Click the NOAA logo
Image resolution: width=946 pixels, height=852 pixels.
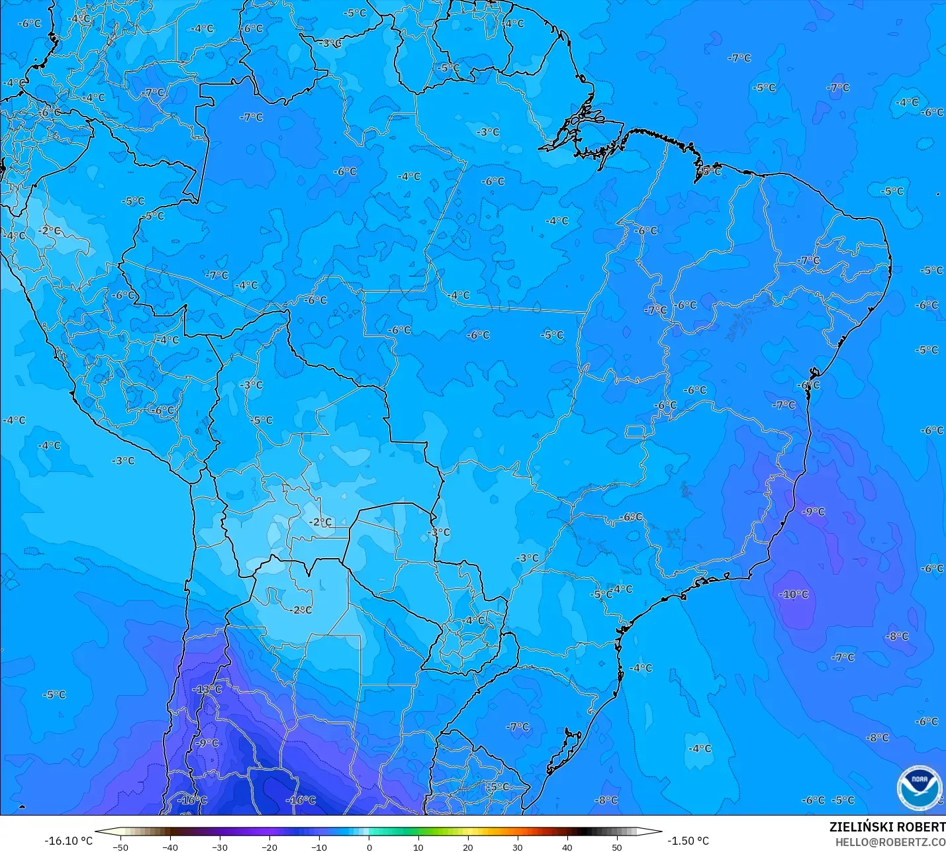(x=919, y=787)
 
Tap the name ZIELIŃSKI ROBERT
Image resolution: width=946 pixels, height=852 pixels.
(x=887, y=827)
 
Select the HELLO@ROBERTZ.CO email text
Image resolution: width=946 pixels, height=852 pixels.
(x=890, y=842)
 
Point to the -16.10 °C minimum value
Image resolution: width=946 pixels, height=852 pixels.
(x=68, y=841)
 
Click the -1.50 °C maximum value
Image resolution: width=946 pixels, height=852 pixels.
(x=688, y=841)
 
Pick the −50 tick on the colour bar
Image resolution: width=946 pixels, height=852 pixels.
(x=120, y=847)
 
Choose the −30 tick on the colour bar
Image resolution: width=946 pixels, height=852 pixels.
(x=220, y=847)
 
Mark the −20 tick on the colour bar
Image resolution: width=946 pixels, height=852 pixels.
(x=269, y=847)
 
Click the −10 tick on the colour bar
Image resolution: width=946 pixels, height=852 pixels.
(x=319, y=847)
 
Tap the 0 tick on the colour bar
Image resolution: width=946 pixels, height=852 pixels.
(x=369, y=847)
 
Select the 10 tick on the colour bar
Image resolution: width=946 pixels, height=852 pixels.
(x=418, y=847)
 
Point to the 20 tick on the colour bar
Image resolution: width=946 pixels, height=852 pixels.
(x=468, y=847)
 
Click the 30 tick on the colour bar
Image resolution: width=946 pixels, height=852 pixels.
(x=518, y=847)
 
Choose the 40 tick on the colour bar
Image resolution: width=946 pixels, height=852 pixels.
(x=567, y=847)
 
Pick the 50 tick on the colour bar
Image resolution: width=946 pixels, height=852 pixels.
(x=617, y=847)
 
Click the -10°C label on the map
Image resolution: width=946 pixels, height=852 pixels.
(x=794, y=594)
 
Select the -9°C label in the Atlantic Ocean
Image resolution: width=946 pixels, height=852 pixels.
(x=813, y=512)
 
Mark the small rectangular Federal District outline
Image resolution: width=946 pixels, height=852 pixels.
(x=636, y=432)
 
